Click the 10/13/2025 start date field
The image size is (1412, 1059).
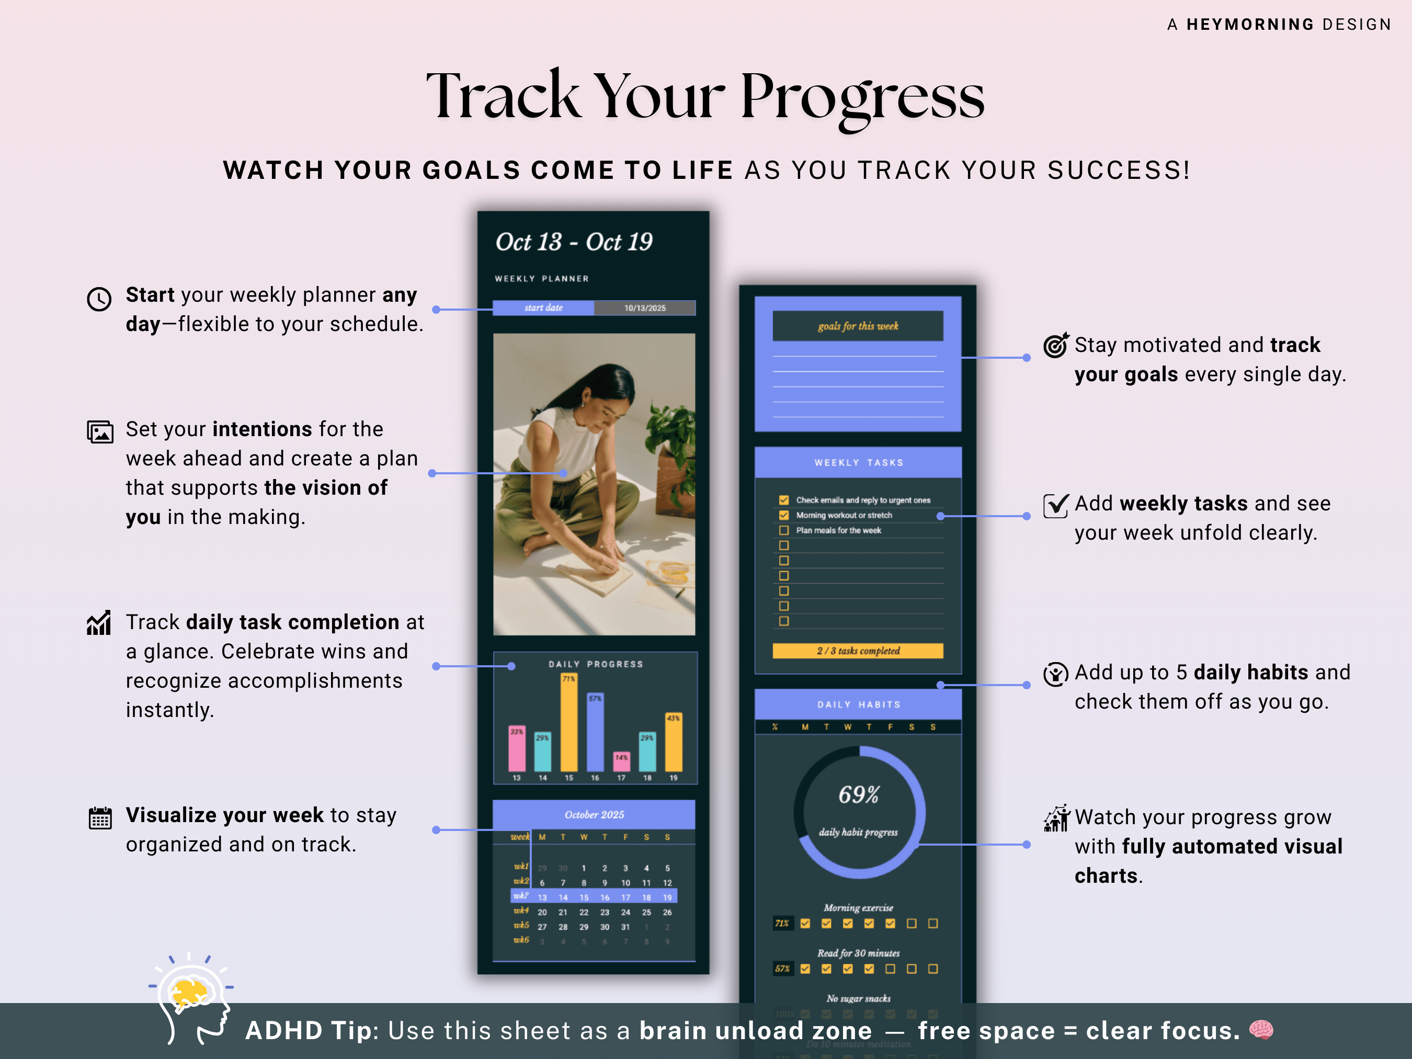(x=645, y=308)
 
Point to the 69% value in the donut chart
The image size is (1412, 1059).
(x=859, y=795)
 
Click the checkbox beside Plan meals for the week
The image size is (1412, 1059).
(x=784, y=530)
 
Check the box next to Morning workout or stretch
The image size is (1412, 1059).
(x=784, y=515)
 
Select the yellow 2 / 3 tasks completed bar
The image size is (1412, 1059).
(x=858, y=651)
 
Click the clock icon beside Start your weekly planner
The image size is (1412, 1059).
(x=99, y=299)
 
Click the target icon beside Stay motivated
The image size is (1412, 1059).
(x=1056, y=345)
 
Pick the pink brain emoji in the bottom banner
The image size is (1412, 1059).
(x=1261, y=1030)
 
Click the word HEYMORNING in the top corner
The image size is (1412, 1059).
(x=1250, y=24)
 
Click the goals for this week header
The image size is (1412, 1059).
(x=858, y=326)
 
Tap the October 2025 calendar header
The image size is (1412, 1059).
(x=594, y=815)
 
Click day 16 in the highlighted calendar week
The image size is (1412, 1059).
(x=605, y=897)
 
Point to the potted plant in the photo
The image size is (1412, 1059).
(x=670, y=434)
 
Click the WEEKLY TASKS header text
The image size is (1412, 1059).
(x=859, y=463)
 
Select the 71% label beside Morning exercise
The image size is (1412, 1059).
(x=782, y=924)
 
